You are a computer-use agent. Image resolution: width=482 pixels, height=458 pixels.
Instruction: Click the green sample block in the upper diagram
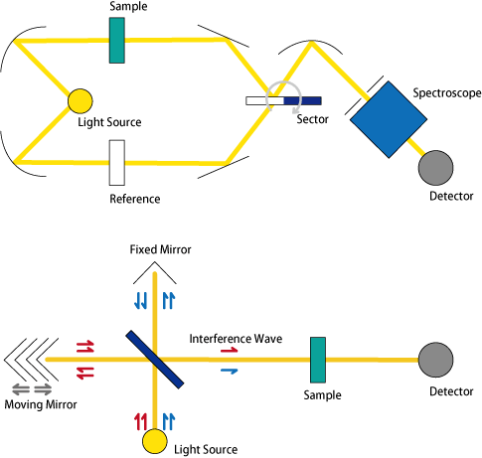(x=117, y=41)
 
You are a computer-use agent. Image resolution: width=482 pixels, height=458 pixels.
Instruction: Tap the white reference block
(x=117, y=163)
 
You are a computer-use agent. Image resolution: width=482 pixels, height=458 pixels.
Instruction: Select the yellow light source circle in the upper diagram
(x=80, y=101)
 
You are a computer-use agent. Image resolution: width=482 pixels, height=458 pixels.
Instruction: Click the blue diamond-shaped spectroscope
(x=389, y=119)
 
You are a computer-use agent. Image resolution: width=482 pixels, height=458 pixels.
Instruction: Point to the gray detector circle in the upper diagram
(x=435, y=168)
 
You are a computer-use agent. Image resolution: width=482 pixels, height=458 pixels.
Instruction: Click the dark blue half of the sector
(x=302, y=100)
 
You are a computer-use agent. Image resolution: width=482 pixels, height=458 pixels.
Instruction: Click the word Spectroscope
(x=447, y=93)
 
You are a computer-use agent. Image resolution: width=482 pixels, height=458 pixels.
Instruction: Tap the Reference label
(x=135, y=199)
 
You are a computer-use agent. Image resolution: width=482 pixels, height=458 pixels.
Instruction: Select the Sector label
(x=312, y=119)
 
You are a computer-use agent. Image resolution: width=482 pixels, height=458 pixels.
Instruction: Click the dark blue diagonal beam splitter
(x=155, y=360)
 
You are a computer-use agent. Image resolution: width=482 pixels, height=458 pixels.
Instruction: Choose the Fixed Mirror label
(x=160, y=249)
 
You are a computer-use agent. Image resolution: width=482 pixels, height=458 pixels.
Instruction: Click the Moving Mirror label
(x=41, y=404)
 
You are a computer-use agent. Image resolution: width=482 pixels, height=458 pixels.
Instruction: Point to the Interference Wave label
(x=236, y=339)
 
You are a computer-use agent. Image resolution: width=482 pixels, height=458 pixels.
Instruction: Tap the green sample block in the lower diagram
(x=318, y=360)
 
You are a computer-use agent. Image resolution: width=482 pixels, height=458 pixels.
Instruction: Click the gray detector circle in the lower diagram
(x=435, y=360)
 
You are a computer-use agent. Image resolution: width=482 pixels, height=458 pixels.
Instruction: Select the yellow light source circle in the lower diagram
(x=155, y=441)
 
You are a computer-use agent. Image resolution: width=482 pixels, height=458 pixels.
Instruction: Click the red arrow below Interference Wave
(x=230, y=350)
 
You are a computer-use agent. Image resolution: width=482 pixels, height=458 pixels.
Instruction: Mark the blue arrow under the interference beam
(x=230, y=371)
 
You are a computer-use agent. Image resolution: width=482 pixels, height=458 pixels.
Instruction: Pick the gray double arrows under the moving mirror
(x=32, y=389)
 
